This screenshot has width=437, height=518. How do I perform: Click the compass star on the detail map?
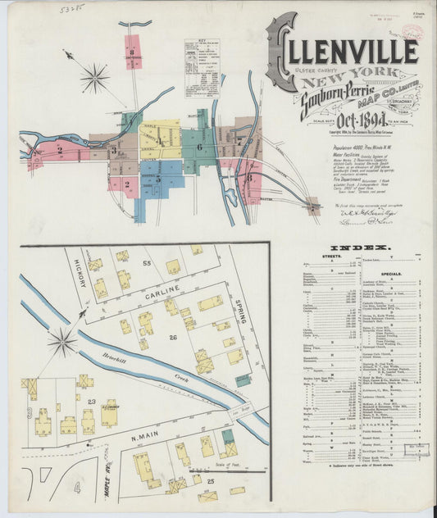pos(62,342)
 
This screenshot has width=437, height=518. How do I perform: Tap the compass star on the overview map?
pos(95,79)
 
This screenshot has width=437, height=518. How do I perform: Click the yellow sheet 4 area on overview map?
pos(161,139)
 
